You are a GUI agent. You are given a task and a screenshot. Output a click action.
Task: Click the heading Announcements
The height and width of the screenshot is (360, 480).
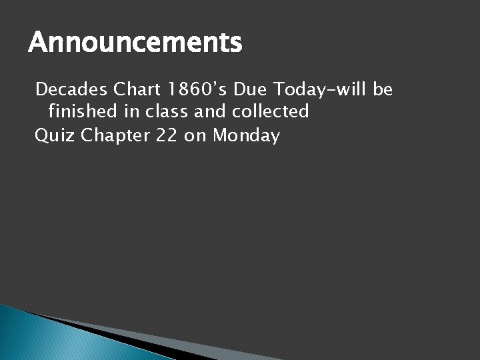135,44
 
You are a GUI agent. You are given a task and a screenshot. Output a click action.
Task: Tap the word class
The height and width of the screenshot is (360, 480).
169,111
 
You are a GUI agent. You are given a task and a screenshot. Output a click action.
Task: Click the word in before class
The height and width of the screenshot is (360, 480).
129,111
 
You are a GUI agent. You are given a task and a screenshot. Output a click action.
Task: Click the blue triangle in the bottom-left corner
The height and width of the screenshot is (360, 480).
33,337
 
